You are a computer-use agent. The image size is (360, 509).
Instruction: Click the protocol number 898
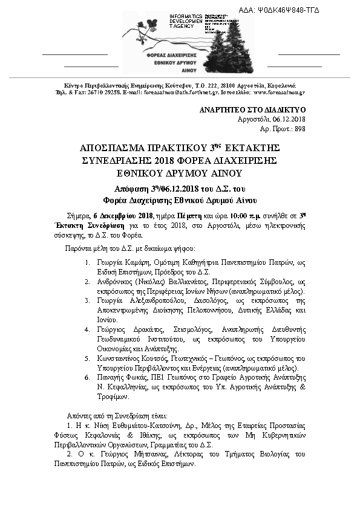(x=299, y=129)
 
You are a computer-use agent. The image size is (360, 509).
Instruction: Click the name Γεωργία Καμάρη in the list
(x=119, y=262)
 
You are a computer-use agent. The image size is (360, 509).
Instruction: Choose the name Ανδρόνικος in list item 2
(x=117, y=282)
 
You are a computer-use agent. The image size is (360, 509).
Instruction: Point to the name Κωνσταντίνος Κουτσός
(x=132, y=359)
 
